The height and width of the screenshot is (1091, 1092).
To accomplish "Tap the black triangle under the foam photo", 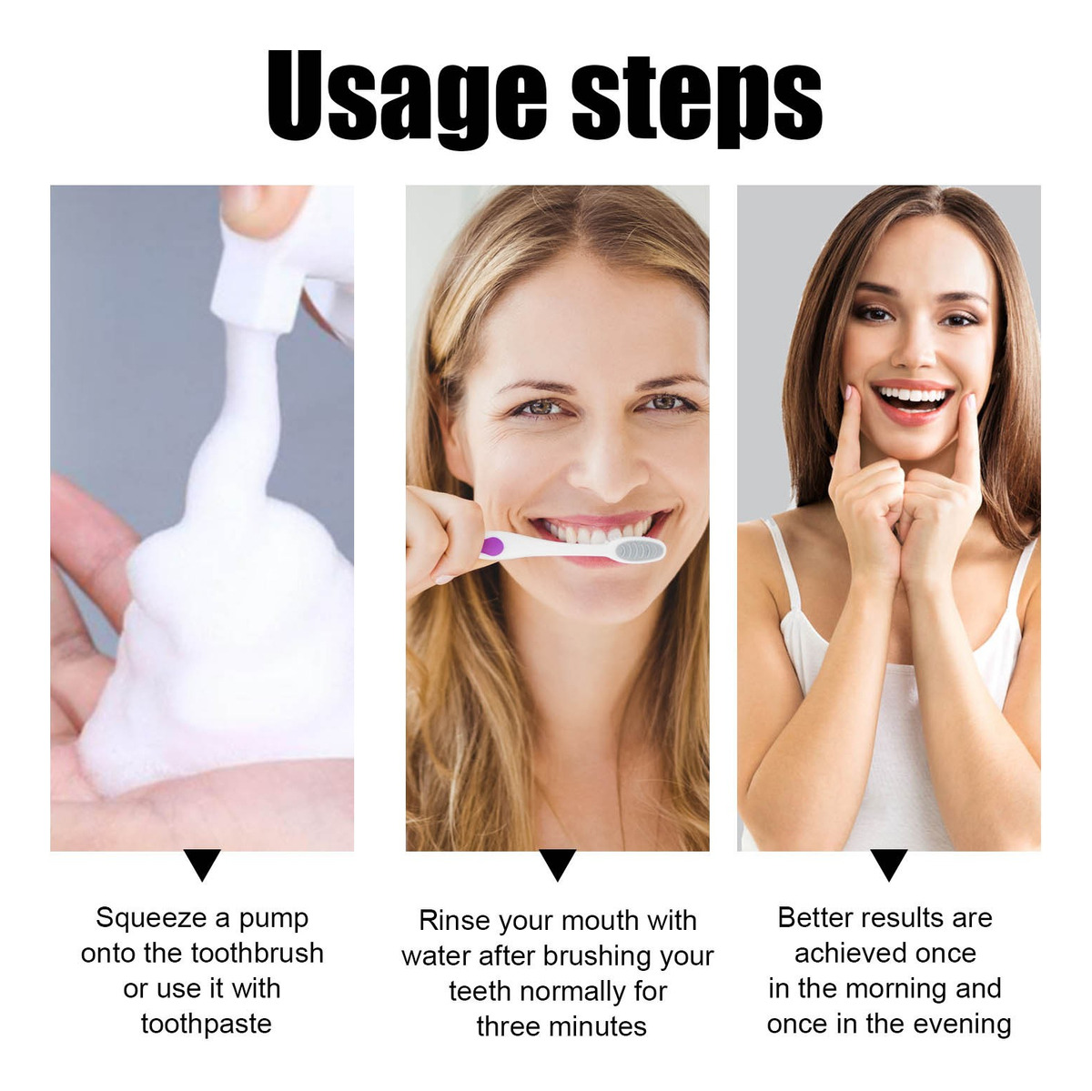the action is click(202, 864).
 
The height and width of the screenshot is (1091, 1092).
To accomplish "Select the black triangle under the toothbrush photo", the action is click(557, 864).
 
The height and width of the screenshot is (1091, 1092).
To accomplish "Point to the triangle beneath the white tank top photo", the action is click(888, 864).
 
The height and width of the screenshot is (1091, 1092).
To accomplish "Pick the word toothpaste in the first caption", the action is click(207, 1025).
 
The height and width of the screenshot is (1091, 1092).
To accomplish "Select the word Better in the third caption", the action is click(814, 917).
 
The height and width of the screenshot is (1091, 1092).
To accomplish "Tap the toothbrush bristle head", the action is click(640, 550).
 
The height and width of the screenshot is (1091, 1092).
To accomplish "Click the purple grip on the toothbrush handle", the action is click(491, 546).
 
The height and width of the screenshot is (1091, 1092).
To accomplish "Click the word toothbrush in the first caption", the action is click(257, 954).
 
